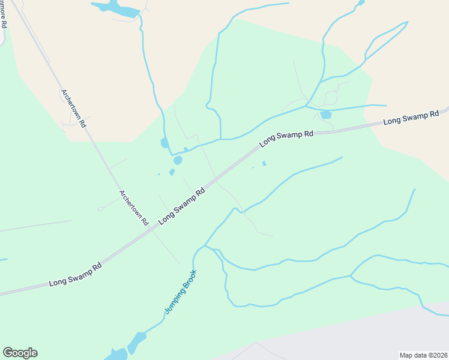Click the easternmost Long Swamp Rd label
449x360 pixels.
[x=411, y=118]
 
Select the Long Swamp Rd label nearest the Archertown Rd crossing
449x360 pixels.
[x=182, y=206]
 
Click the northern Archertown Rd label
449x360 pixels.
[x=74, y=107]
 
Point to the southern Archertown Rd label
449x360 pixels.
[x=133, y=208]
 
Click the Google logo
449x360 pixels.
[x=20, y=353]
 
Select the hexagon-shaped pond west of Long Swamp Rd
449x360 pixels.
[x=178, y=160]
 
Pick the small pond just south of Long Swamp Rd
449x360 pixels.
[x=264, y=163]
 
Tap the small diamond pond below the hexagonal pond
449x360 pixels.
[x=172, y=173]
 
